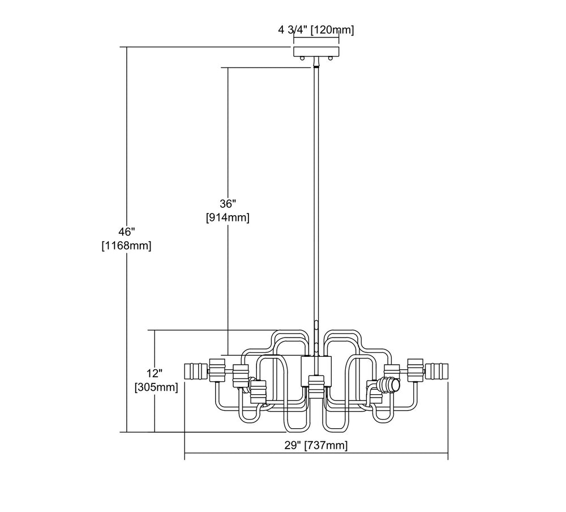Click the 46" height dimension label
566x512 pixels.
tap(126, 232)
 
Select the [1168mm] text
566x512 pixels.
tap(126, 246)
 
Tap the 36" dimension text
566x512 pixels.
tap(228, 203)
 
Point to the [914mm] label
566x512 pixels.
tap(228, 217)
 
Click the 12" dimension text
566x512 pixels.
tap(155, 373)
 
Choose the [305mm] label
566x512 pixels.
tap(155, 387)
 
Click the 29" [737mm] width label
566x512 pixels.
tap(316, 446)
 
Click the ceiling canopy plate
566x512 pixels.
tap(316, 52)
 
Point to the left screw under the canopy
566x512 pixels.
tap(302, 58)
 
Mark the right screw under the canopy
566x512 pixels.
tap(329, 58)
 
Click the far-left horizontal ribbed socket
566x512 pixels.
tap(196, 372)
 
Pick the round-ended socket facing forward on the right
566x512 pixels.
tap(390, 386)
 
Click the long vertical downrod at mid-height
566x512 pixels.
tap(316, 198)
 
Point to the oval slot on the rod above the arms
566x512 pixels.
tap(316, 327)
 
